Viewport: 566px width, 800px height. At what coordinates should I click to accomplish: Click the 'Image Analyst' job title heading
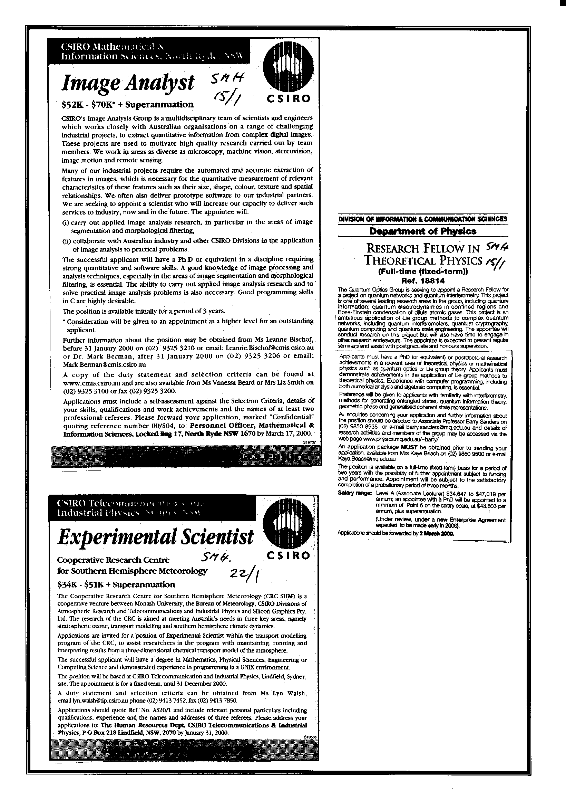click(x=128, y=84)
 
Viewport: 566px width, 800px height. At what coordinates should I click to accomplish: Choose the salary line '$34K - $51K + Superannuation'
click(x=116, y=584)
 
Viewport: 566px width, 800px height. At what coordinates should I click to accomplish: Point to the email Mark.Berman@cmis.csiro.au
click(x=104, y=364)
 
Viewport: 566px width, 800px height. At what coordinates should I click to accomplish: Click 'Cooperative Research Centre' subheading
click(x=113, y=560)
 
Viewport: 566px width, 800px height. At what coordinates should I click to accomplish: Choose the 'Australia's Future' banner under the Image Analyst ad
click(x=184, y=457)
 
